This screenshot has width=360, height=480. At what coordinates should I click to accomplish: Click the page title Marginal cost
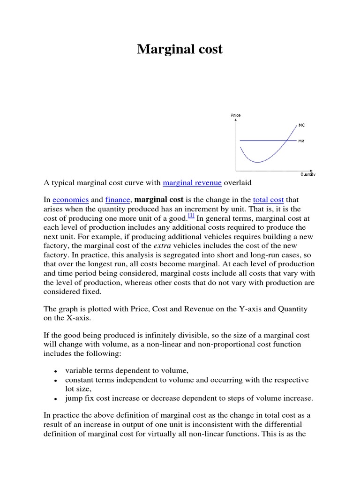coord(180,49)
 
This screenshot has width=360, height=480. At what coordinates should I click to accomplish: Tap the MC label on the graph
coord(301,125)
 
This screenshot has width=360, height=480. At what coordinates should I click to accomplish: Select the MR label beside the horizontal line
coord(301,141)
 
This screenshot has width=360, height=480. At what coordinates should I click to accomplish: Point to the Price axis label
coord(236,115)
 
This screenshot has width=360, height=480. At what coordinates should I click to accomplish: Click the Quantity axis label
coord(308,174)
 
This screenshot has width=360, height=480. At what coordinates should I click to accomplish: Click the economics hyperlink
coord(71,199)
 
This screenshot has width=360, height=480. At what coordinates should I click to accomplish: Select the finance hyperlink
coord(118,199)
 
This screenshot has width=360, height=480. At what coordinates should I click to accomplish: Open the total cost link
coord(268,199)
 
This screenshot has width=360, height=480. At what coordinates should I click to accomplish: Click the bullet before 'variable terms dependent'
coord(55,370)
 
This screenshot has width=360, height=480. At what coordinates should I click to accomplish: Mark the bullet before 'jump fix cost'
coord(55,399)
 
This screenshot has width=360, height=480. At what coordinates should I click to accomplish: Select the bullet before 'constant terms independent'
coord(55,380)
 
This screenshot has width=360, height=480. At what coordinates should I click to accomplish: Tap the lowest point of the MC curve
coord(257,162)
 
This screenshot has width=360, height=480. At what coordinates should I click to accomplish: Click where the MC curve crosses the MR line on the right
coord(286,141)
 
